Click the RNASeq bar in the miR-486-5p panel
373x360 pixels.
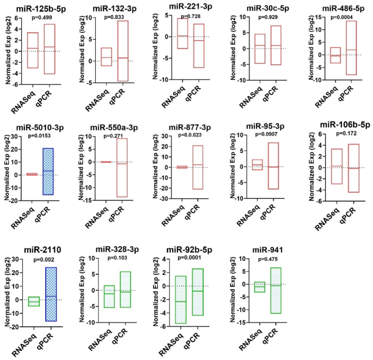320,55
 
